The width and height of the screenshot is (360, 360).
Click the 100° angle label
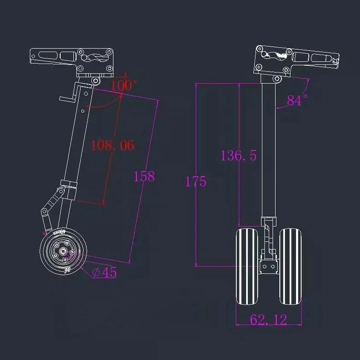tap(124, 85)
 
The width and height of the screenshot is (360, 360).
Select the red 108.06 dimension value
tap(113, 145)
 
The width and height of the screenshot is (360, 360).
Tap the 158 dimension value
tap(144, 177)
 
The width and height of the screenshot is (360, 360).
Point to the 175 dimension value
tap(196, 182)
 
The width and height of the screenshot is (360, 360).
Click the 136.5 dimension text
tap(238, 156)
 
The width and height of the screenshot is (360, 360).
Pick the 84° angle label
tap(297, 101)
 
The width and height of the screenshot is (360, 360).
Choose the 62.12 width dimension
tap(268, 319)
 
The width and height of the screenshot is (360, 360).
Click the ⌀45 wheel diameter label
tap(105, 273)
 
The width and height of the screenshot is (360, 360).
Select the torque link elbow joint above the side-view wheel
tap(44, 212)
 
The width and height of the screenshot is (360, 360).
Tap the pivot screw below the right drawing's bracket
tap(278, 79)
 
